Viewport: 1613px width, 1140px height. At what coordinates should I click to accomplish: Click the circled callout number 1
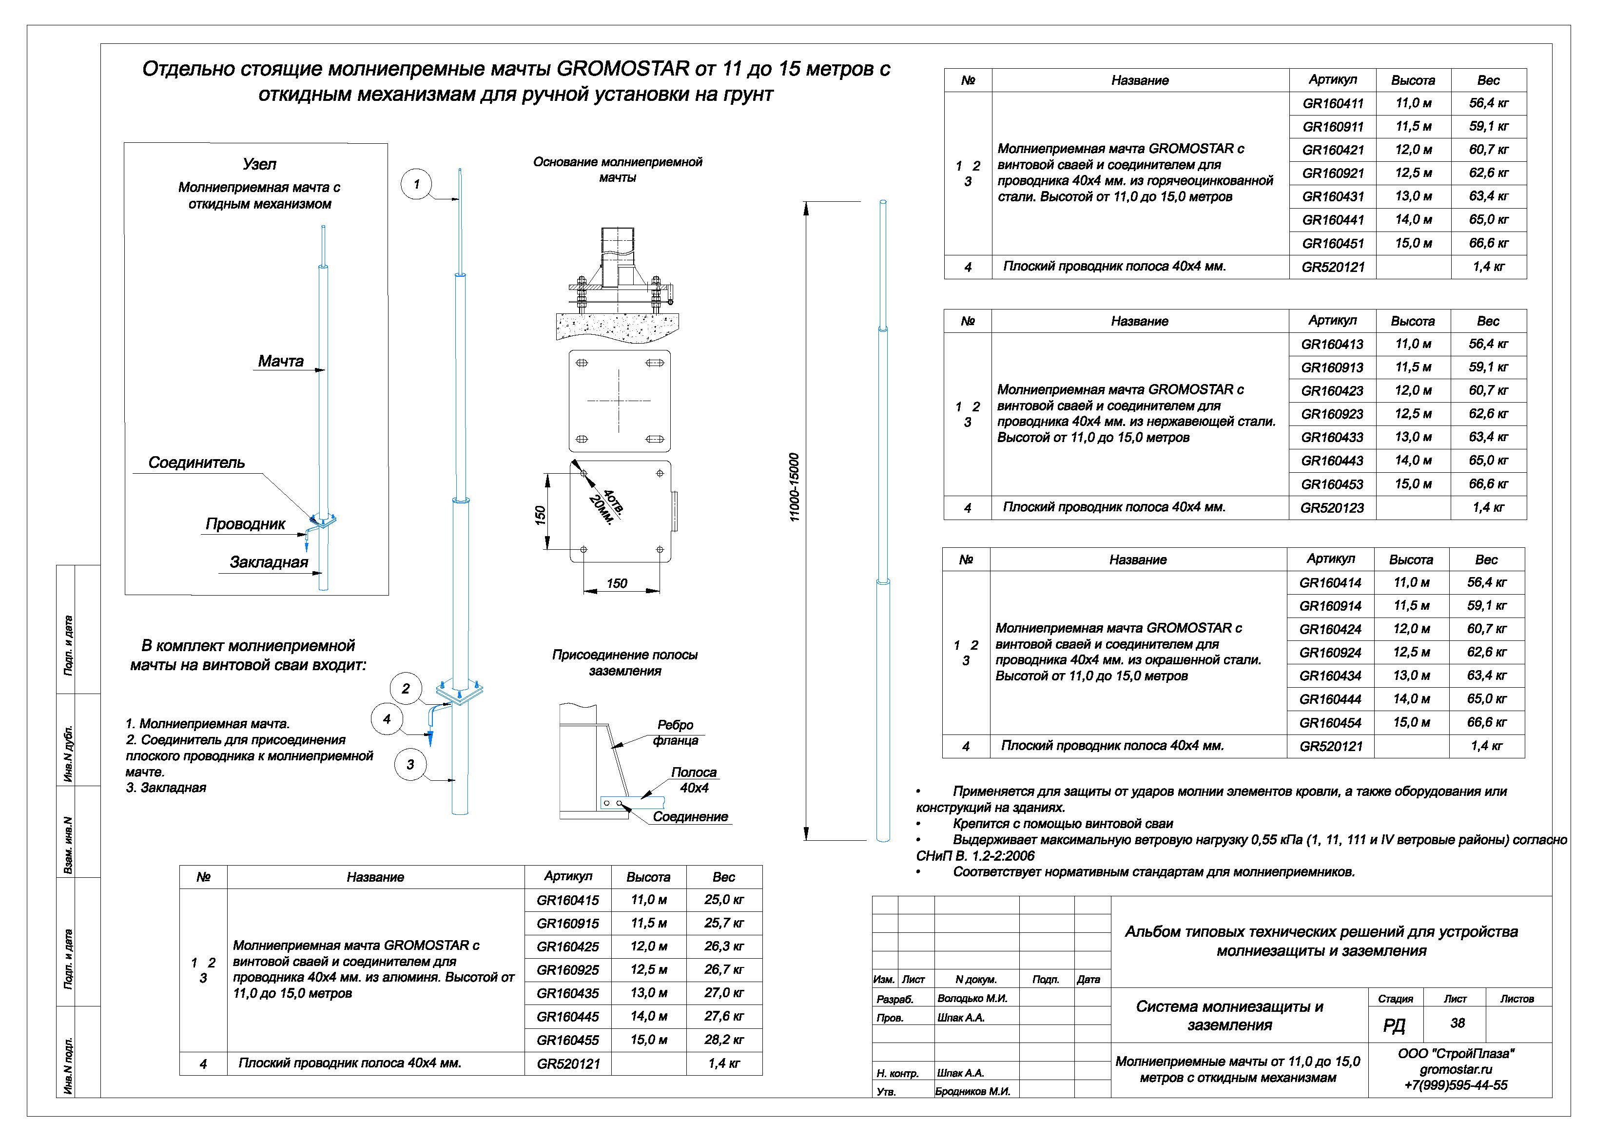tap(417, 184)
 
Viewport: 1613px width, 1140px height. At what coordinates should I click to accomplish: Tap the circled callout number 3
tap(410, 764)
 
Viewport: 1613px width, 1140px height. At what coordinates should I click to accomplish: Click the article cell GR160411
tap(1333, 103)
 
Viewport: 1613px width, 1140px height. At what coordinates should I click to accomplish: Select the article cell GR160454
tap(1330, 722)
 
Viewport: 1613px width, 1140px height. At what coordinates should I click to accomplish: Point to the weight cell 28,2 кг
tap(723, 1040)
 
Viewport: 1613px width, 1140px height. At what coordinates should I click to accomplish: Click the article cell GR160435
tap(567, 993)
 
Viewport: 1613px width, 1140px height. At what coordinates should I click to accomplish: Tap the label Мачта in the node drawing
tap(280, 361)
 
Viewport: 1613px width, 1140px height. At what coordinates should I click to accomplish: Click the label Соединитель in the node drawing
tap(197, 462)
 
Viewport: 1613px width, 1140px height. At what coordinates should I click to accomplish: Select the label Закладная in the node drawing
tap(269, 562)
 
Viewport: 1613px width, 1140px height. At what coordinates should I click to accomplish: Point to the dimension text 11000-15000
tap(795, 487)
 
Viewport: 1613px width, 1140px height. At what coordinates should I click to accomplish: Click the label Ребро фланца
tap(675, 733)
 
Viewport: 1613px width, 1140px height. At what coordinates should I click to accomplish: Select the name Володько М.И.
tap(972, 998)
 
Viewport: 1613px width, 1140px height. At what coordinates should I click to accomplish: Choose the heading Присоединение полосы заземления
tap(624, 662)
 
